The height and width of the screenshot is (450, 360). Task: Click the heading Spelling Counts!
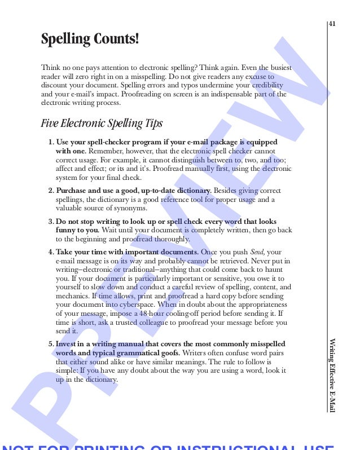(90, 39)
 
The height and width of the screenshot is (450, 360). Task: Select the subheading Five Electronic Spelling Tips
(102, 123)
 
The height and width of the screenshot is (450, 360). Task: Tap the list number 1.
(51, 142)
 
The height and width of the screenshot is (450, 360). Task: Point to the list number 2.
(51, 191)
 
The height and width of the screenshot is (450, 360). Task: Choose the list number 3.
(51, 222)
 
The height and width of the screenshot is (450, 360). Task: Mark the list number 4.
(51, 252)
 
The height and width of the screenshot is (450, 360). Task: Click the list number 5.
(51, 343)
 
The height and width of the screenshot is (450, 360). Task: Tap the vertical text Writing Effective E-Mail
(332, 375)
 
